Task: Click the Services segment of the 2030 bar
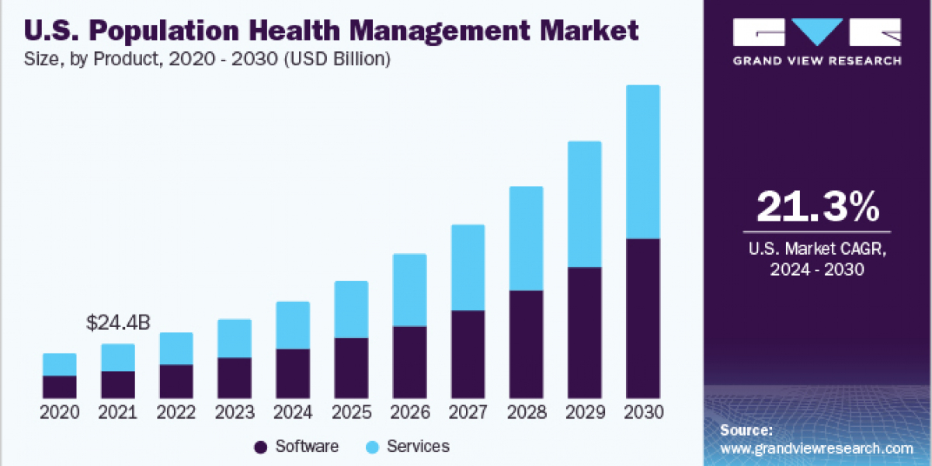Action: pos(642,162)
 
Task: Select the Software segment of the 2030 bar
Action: pos(642,318)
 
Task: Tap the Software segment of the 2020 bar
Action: pos(60,387)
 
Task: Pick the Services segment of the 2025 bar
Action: pos(351,309)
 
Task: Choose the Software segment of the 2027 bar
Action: pos(468,354)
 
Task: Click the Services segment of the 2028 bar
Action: pos(526,238)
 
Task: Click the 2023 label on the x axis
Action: pos(235,412)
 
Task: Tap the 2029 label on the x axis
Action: pos(584,412)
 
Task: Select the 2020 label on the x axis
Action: pos(60,412)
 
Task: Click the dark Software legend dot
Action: pos(261,447)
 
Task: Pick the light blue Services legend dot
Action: pos(372,447)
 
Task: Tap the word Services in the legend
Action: pos(418,447)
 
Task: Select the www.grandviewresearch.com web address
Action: pos(816,448)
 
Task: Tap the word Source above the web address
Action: pos(746,429)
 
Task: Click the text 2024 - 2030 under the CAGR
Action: pos(817,270)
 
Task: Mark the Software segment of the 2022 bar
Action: pos(176,381)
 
